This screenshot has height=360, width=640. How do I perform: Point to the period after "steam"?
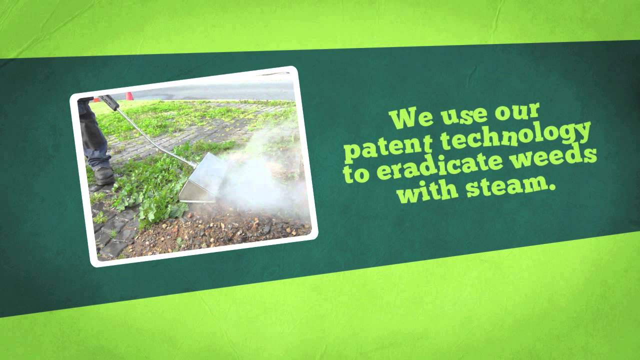point(553,190)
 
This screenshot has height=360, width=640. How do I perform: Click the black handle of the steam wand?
point(109,102)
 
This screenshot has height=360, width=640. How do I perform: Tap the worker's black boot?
point(103,175)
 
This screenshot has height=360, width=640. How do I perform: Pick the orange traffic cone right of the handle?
point(129,96)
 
